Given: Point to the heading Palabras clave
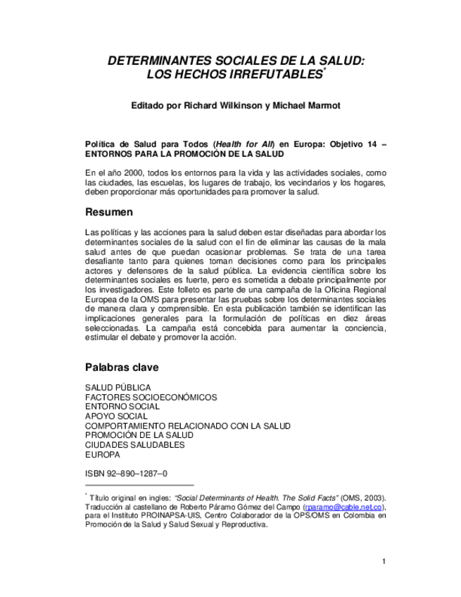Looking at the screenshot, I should pos(122,367).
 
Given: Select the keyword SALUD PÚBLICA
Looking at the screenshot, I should pos(118,388).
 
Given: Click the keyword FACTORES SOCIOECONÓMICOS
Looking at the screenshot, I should pos(151,397).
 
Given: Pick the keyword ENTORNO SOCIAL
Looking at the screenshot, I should pos(122,407).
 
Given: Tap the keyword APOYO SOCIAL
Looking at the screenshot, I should pos(116,416).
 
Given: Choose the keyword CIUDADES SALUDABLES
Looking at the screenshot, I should pos(134,445).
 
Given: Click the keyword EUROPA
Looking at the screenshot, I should pos(102,455).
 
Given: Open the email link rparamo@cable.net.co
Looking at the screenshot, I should pos(343,507).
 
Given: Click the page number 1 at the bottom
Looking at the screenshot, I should pos(384,561).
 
